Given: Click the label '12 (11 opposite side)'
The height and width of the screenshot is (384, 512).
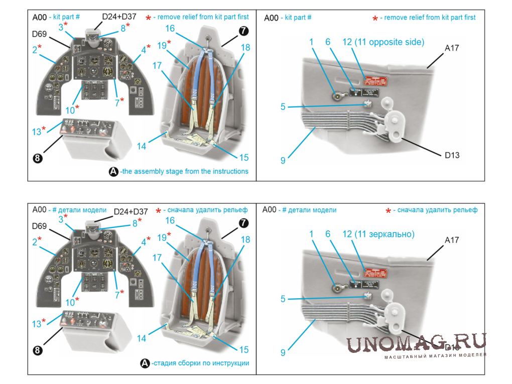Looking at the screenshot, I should click(x=383, y=42).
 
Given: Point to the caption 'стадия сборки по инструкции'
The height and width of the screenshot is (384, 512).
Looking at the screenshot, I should click(x=200, y=363).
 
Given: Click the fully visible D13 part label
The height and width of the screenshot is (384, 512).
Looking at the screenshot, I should click(x=452, y=155).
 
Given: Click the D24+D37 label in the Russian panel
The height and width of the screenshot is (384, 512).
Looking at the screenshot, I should click(x=131, y=211).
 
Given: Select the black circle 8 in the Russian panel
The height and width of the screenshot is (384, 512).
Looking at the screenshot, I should click(x=38, y=350).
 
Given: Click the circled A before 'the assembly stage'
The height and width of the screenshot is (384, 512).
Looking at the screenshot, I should click(x=113, y=171).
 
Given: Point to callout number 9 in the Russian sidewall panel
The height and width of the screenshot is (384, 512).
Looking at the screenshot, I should click(x=283, y=352).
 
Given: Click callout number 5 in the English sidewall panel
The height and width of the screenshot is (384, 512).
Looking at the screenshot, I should click(x=283, y=106).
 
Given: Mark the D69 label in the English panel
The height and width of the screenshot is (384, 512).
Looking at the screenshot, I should click(x=39, y=34).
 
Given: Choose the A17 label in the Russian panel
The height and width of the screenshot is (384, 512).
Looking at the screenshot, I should click(x=452, y=240).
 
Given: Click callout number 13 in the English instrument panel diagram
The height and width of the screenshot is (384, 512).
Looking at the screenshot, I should click(x=37, y=132).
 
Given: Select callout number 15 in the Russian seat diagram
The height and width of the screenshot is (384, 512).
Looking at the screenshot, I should click(x=243, y=350).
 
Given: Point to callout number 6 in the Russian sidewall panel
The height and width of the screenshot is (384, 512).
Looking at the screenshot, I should click(x=328, y=234).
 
